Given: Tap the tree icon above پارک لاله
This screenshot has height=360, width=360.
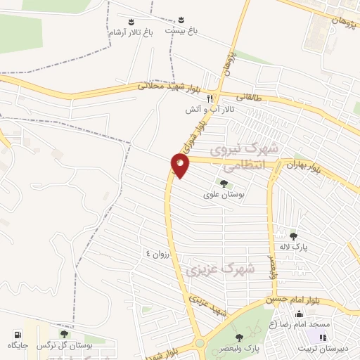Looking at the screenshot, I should tap(293, 236).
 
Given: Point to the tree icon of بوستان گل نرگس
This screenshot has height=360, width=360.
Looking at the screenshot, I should tap(64, 335).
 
